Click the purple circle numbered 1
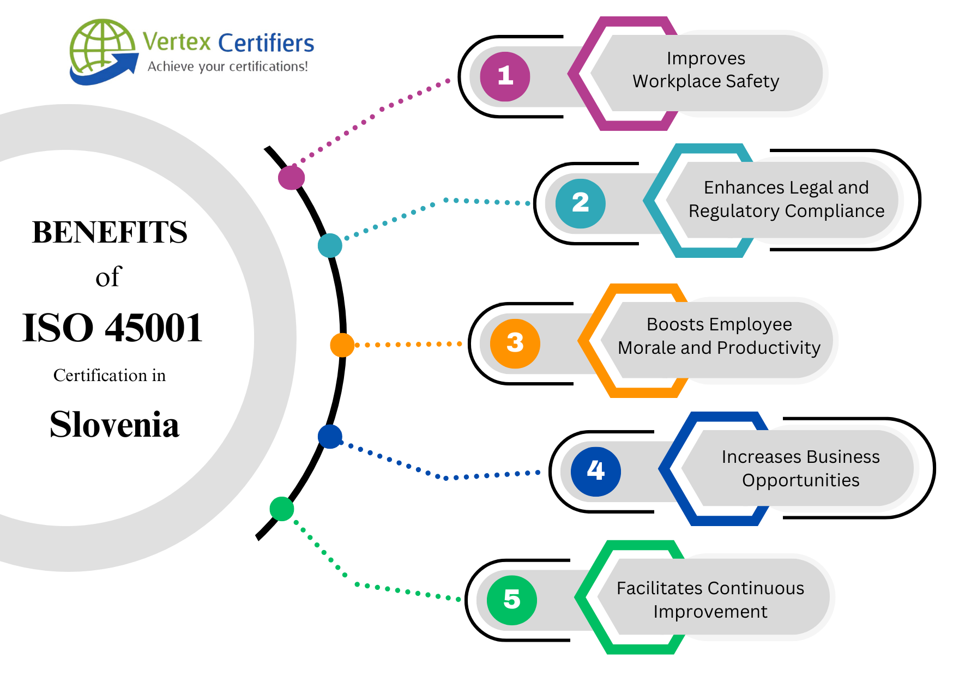point(505,76)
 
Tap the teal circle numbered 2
point(580,203)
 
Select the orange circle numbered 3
point(515,343)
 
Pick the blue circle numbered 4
point(595,471)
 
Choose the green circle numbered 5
point(511,600)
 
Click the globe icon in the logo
point(101,49)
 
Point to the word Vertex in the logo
point(177,41)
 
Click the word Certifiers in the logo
point(266,43)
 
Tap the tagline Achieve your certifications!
point(227,67)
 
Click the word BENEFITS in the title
point(110,232)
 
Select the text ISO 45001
point(112,328)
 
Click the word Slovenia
point(114,425)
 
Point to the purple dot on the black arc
point(291,178)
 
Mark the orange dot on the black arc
point(342,345)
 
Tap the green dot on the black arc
point(282,509)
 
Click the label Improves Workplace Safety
point(705,70)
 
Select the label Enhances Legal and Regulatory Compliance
point(786,199)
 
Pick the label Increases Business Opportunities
point(800,468)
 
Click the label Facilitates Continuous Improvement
point(710,600)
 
